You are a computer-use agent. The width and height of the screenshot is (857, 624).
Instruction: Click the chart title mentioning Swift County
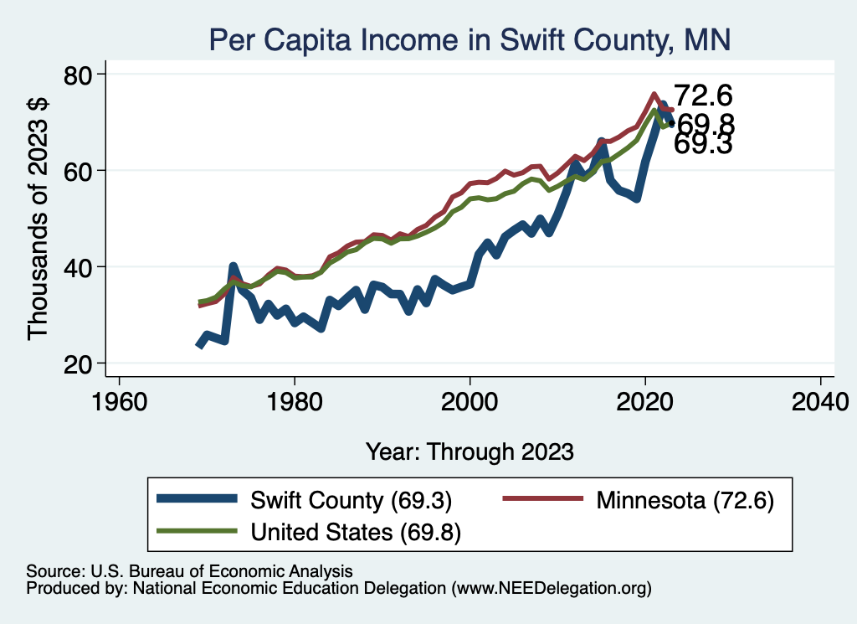coord(470,39)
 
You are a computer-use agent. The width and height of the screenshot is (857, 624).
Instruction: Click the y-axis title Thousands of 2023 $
coord(39,219)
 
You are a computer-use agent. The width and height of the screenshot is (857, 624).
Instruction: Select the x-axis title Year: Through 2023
coord(470,451)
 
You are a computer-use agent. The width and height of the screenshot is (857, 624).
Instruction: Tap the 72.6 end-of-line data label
coord(704,96)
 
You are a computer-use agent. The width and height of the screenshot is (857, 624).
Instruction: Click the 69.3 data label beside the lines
coord(704,145)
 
